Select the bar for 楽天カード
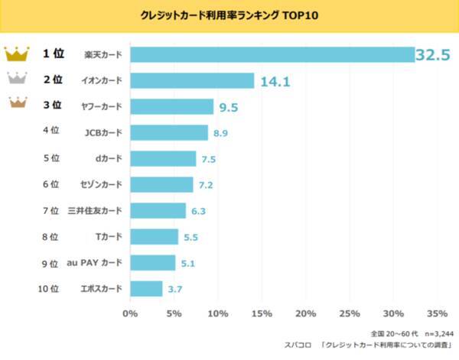pyautogui.click(x=272, y=54)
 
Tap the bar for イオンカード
pyautogui.click(x=192, y=80)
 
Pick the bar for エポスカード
pyautogui.click(x=146, y=289)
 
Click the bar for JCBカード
pyautogui.click(x=169, y=132)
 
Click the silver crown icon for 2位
pyautogui.click(x=16, y=79)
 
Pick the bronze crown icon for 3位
pyautogui.click(x=16, y=105)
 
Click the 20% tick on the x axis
pyautogui.click(x=306, y=313)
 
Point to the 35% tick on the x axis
pyautogui.click(x=437, y=313)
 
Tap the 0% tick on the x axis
pyautogui.click(x=131, y=313)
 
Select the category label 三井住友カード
pyautogui.click(x=95, y=211)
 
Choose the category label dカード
pyautogui.click(x=106, y=158)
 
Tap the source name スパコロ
pyautogui.click(x=293, y=346)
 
